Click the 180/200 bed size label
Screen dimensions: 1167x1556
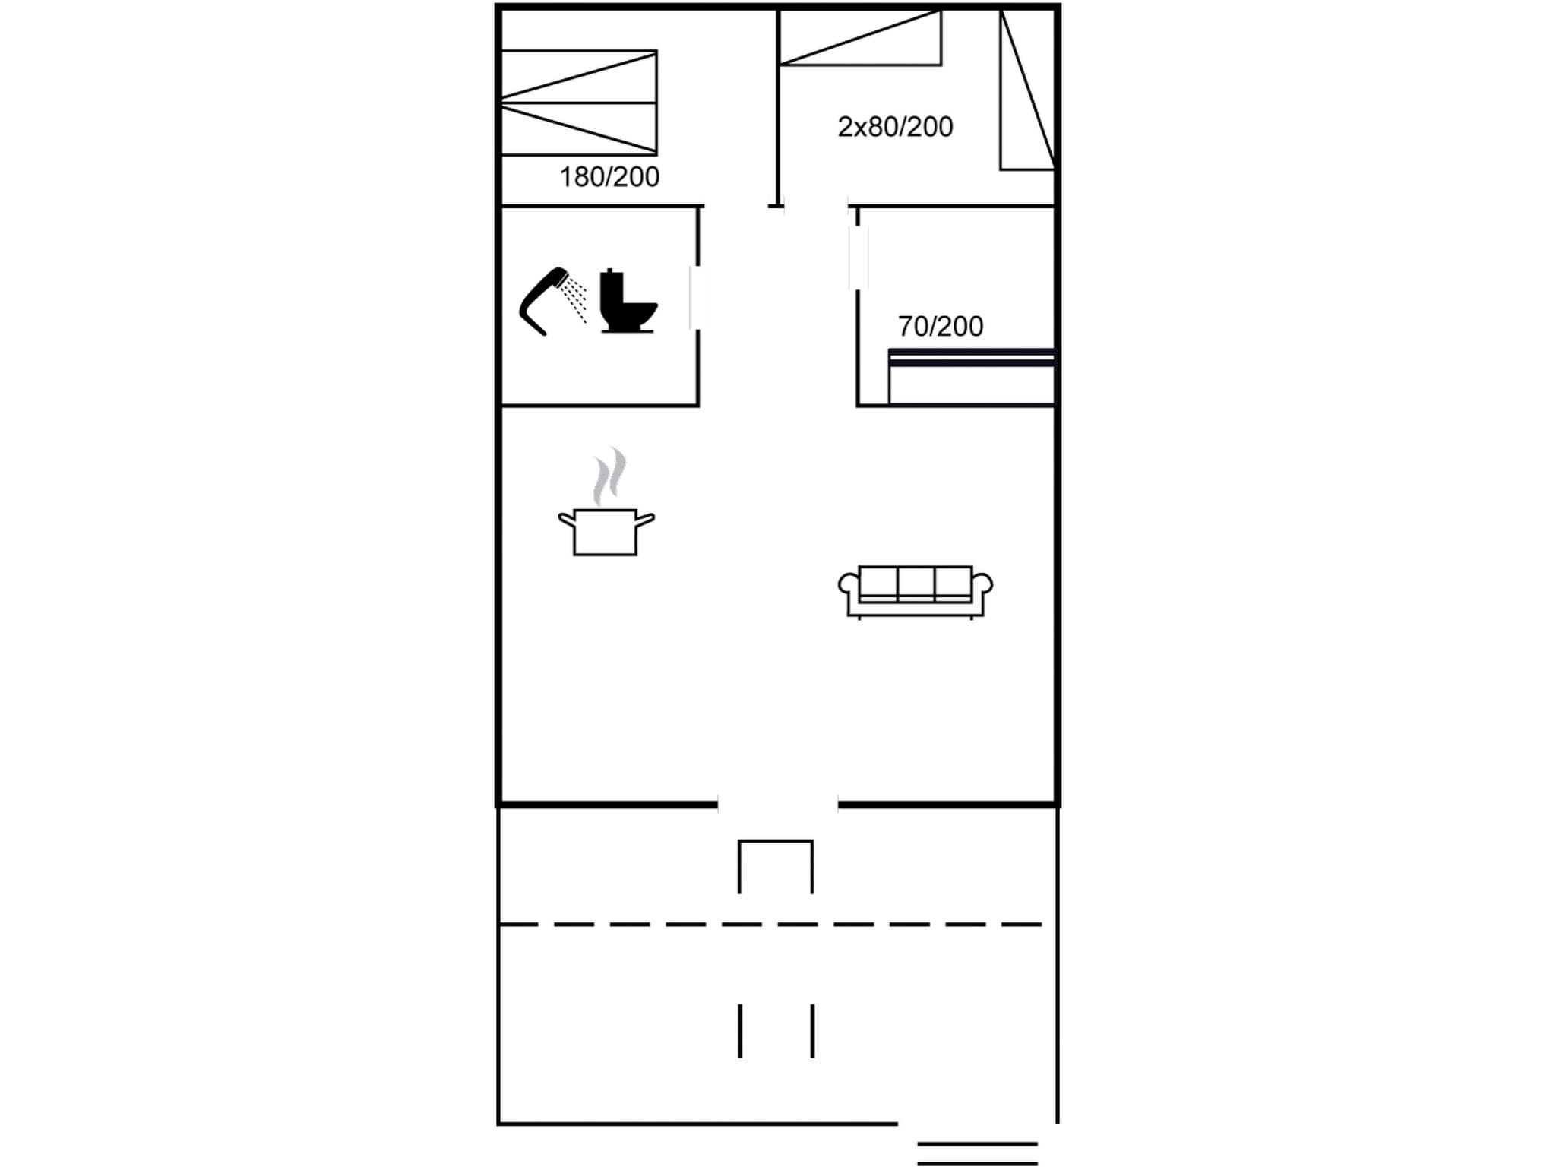pos(609,177)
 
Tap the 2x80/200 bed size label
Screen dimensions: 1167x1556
pos(895,127)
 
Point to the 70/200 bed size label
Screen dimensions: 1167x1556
pos(940,327)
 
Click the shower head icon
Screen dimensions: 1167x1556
pos(552,300)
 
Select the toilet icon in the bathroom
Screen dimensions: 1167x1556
pos(627,302)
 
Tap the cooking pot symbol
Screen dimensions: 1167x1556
pos(606,531)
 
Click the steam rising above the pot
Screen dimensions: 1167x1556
pos(609,476)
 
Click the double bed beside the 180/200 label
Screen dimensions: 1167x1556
pos(579,103)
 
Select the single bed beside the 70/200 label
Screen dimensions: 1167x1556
pos(971,377)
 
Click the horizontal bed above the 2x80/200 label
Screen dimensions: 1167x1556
pos(860,38)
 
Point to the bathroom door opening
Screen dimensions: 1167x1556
pos(698,298)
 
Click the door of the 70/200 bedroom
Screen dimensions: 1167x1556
pos(859,258)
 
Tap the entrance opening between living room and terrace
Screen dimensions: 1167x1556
pos(777,803)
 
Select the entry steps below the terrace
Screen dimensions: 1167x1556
pos(977,1153)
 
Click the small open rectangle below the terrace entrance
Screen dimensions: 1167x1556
pos(776,866)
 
